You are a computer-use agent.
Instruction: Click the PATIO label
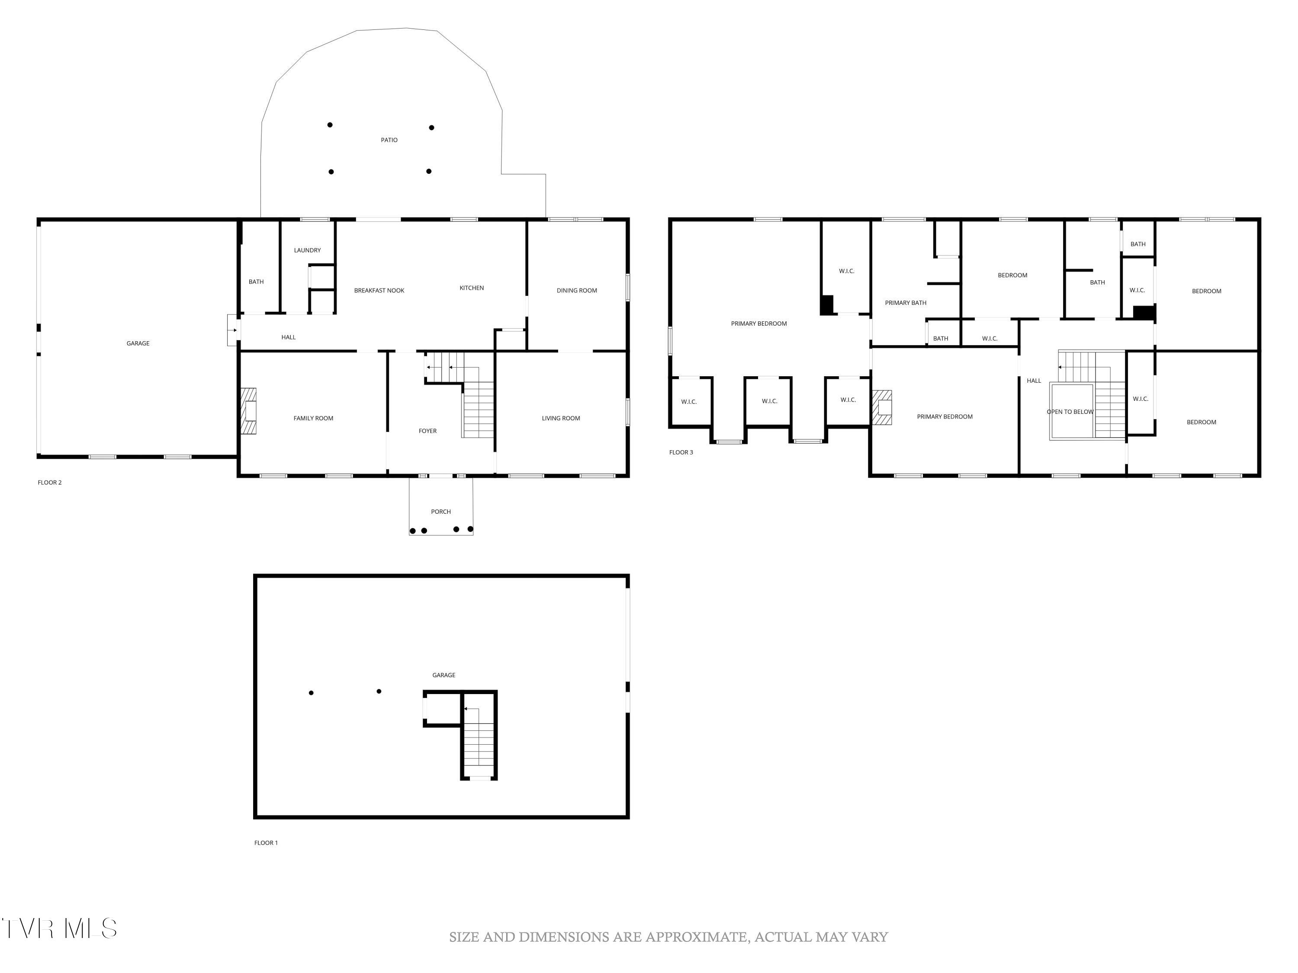[x=389, y=140]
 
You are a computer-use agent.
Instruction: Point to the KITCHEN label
[x=471, y=288]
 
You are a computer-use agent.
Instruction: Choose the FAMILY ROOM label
[x=313, y=419]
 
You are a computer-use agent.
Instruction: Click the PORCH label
[x=441, y=512]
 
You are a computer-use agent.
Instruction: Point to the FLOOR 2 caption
[x=49, y=483]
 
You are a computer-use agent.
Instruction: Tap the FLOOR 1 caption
[x=266, y=843]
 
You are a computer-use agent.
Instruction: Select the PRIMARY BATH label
[x=906, y=303]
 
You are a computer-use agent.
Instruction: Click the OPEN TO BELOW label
[x=1070, y=412]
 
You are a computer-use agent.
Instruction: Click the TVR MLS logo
[x=59, y=928]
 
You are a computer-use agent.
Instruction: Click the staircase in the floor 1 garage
[x=479, y=743]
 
